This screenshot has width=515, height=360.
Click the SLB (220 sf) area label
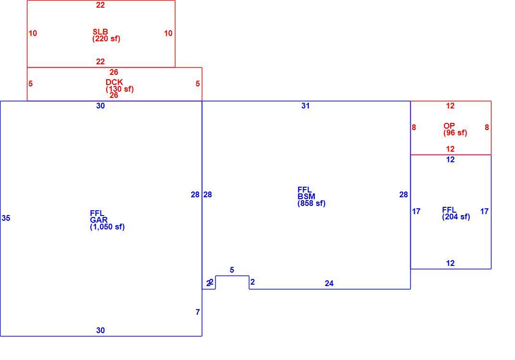(x=106, y=36)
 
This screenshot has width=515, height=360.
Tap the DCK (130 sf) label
(x=120, y=85)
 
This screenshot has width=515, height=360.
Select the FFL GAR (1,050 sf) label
(x=107, y=220)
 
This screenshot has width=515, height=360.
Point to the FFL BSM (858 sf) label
(x=311, y=197)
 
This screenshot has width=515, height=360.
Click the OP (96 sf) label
(x=455, y=129)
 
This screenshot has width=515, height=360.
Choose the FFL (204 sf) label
(x=456, y=213)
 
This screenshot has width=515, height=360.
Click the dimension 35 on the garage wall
(x=6, y=218)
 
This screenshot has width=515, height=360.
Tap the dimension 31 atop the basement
(x=306, y=106)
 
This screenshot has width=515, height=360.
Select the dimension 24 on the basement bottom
(x=329, y=283)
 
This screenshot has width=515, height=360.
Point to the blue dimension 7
(x=198, y=312)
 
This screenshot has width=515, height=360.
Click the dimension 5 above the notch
(x=232, y=270)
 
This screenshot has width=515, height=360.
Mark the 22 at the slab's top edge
(x=100, y=5)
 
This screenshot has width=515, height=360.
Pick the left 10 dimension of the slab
(x=33, y=33)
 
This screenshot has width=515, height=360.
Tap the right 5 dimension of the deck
(x=198, y=84)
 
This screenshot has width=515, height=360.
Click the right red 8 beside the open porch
(x=487, y=127)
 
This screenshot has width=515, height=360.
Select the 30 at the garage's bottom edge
(x=100, y=330)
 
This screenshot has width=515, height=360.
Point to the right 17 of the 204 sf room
(x=484, y=211)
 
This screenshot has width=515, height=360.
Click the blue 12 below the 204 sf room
(x=450, y=263)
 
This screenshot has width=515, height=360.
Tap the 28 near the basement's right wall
(x=404, y=194)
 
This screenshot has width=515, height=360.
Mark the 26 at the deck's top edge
(x=114, y=72)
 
